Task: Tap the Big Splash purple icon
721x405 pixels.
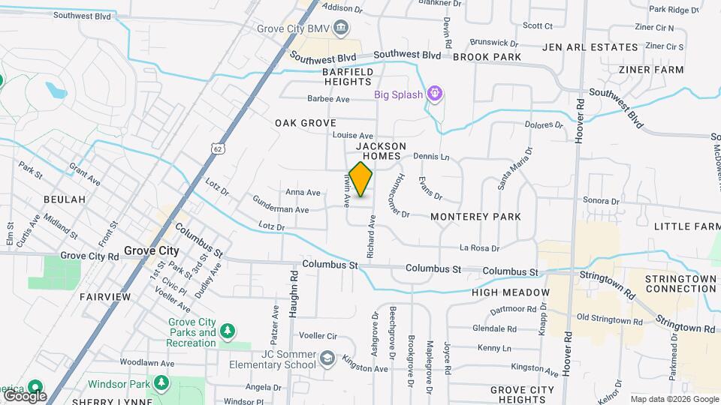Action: tap(434, 94)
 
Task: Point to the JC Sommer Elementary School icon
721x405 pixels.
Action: tap(327, 358)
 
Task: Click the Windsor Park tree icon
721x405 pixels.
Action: tap(161, 383)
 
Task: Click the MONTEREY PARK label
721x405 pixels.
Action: tap(476, 217)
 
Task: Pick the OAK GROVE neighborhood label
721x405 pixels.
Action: tap(305, 122)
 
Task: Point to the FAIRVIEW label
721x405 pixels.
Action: tap(105, 297)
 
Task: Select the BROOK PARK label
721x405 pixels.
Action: tap(487, 57)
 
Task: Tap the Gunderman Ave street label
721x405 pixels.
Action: tap(281, 210)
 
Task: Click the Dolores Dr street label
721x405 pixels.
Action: tap(544, 125)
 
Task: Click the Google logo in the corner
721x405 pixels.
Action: tap(25, 395)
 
